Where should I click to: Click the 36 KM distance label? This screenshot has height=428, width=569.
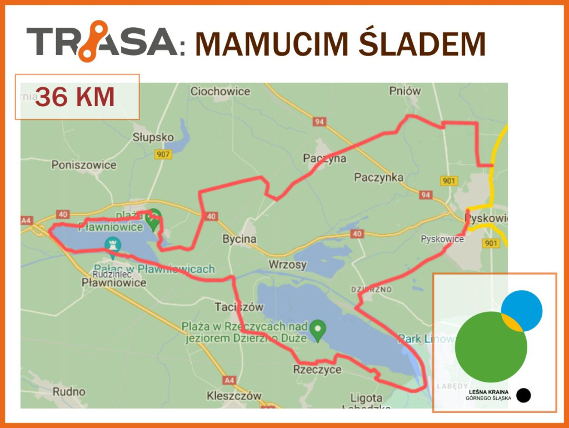coord(75,97)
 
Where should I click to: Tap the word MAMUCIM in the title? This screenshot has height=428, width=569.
coord(273,44)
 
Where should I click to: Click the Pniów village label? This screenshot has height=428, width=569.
coord(405,91)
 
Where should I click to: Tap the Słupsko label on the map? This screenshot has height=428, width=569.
coord(153,137)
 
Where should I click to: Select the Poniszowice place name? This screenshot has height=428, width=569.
coord(84,165)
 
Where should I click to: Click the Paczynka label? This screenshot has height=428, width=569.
coord(378,177)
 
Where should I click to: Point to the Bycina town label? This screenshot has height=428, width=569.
coord(239,239)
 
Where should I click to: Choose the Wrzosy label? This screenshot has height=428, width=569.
coord(287,265)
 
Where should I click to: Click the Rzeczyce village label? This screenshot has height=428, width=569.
coord(317,370)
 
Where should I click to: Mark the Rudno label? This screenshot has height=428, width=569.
coord(69,391)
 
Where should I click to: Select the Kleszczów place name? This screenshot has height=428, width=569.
coord(233,396)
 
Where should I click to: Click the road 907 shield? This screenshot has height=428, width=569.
coord(163,155)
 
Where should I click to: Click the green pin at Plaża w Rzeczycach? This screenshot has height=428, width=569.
coord(318,330)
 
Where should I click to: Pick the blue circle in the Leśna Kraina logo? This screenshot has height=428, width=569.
coord(522,310)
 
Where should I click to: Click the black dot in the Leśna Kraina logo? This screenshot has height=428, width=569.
coord(523,395)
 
